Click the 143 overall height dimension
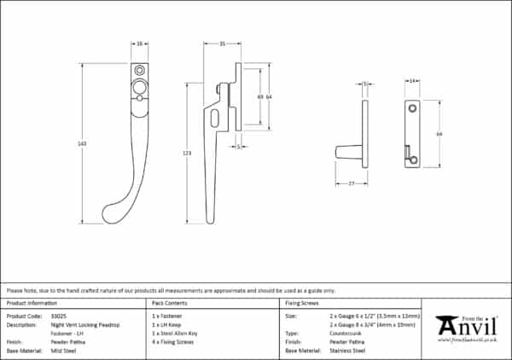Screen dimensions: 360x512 click(82, 143)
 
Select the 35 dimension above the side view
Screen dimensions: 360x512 click(221, 43)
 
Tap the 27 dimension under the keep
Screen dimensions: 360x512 click(351, 183)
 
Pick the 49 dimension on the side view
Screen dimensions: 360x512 click(259, 97)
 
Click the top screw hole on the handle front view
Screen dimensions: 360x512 click(139, 70)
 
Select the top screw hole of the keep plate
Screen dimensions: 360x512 click(411, 108)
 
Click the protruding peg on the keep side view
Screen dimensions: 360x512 click(348, 152)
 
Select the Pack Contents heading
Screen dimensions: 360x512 click(169, 303)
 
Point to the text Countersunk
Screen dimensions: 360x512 click(342, 333)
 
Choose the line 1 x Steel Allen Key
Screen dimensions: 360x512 click(174, 333)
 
